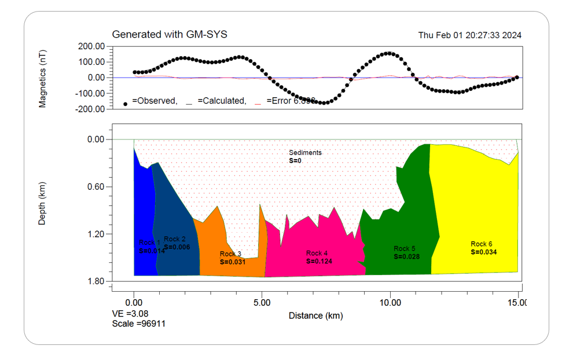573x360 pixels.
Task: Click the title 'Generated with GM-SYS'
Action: (x=170, y=35)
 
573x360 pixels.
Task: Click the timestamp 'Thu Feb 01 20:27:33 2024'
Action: (x=469, y=35)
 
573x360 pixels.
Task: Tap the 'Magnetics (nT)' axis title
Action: (x=43, y=77)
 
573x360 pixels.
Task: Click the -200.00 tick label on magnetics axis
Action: (x=90, y=109)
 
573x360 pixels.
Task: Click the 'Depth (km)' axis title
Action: (x=43, y=203)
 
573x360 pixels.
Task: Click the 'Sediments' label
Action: (x=305, y=153)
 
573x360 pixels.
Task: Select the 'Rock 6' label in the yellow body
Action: (x=482, y=244)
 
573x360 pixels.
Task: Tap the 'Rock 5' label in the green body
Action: (x=405, y=249)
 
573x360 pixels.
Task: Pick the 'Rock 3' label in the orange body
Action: (x=230, y=254)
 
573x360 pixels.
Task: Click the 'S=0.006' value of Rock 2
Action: (x=177, y=247)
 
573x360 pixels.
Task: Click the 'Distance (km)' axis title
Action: (x=315, y=316)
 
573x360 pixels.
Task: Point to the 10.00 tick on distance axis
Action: (x=390, y=302)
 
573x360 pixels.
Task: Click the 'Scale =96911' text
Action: (x=139, y=324)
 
